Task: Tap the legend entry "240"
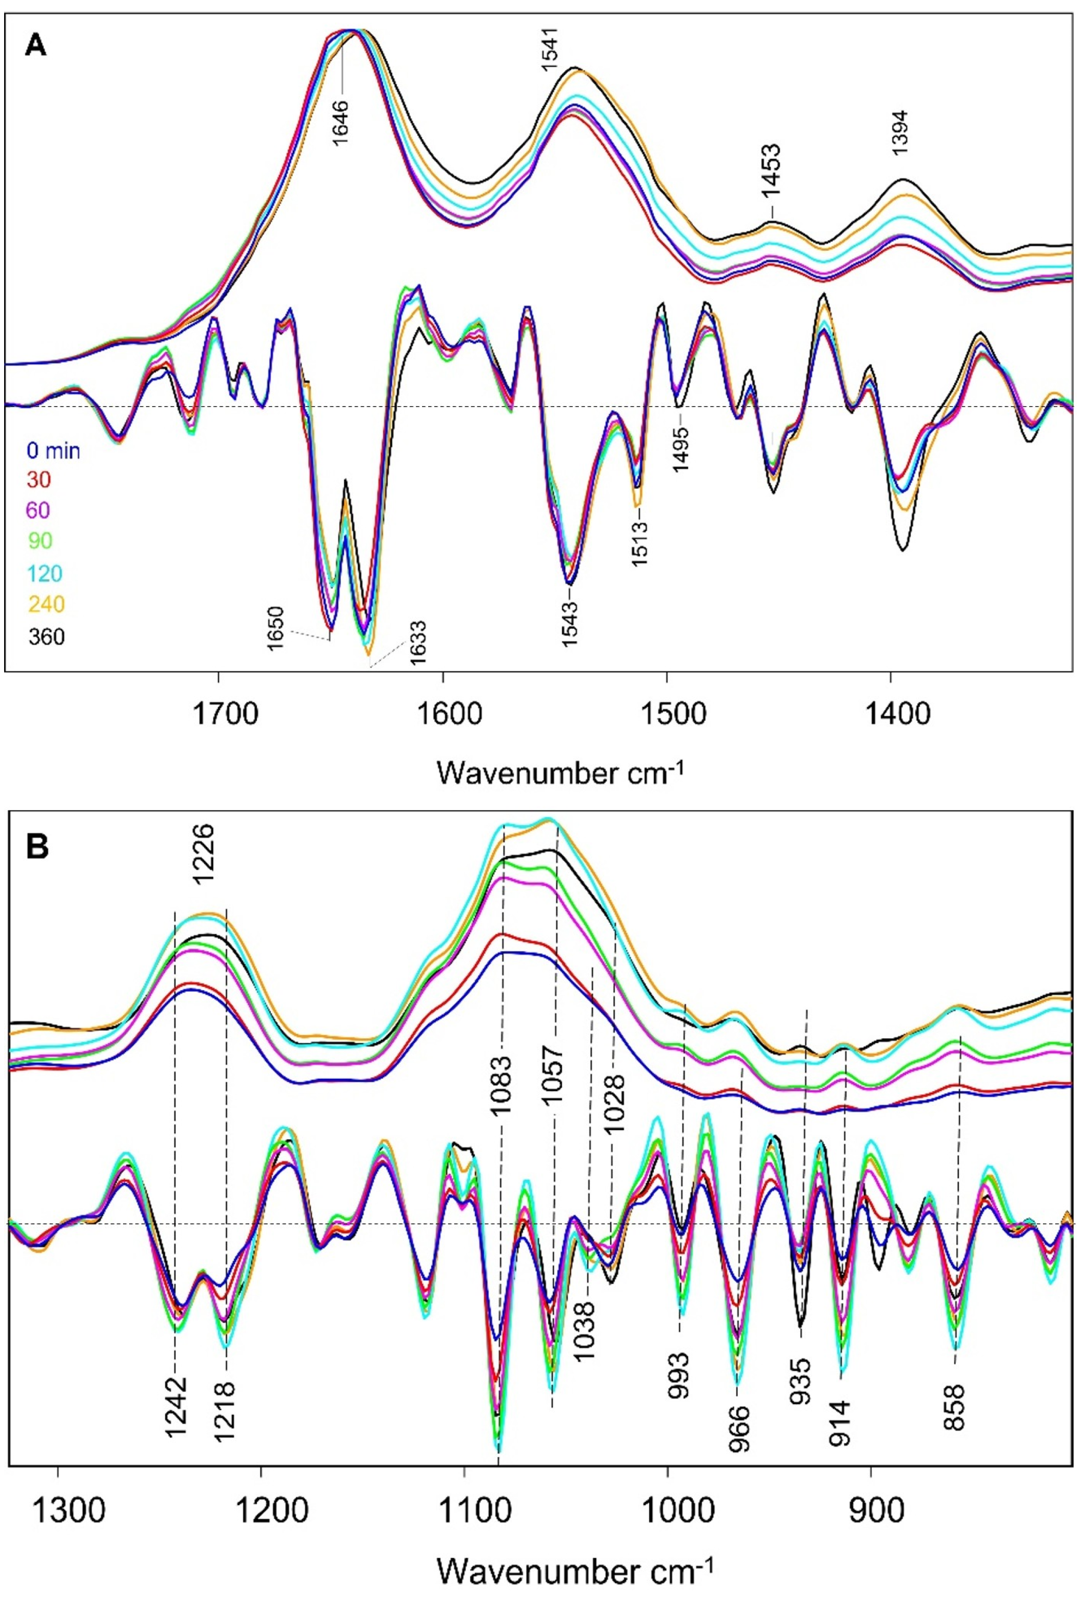click(x=46, y=604)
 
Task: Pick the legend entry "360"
click(x=46, y=636)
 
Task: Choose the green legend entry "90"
click(x=40, y=541)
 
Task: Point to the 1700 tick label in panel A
click(x=218, y=714)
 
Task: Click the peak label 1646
click(x=342, y=121)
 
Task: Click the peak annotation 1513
click(x=639, y=544)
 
